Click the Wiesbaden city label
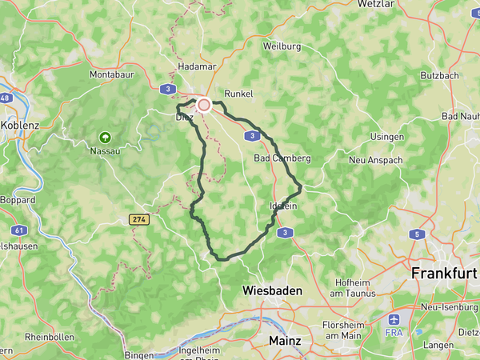pyautogui.click(x=272, y=291)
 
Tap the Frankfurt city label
pyautogui.click(x=444, y=273)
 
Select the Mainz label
pyautogui.click(x=284, y=340)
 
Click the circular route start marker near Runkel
pyautogui.click(x=204, y=104)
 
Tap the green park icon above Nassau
pyautogui.click(x=105, y=137)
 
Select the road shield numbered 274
pyautogui.click(x=138, y=218)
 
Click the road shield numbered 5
pyautogui.click(x=416, y=234)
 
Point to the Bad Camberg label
pyautogui.click(x=282, y=158)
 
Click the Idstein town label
pyautogui.click(x=284, y=206)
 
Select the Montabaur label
pyautogui.click(x=111, y=74)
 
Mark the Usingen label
pyautogui.click(x=386, y=138)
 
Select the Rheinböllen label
pyautogui.click(x=50, y=337)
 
